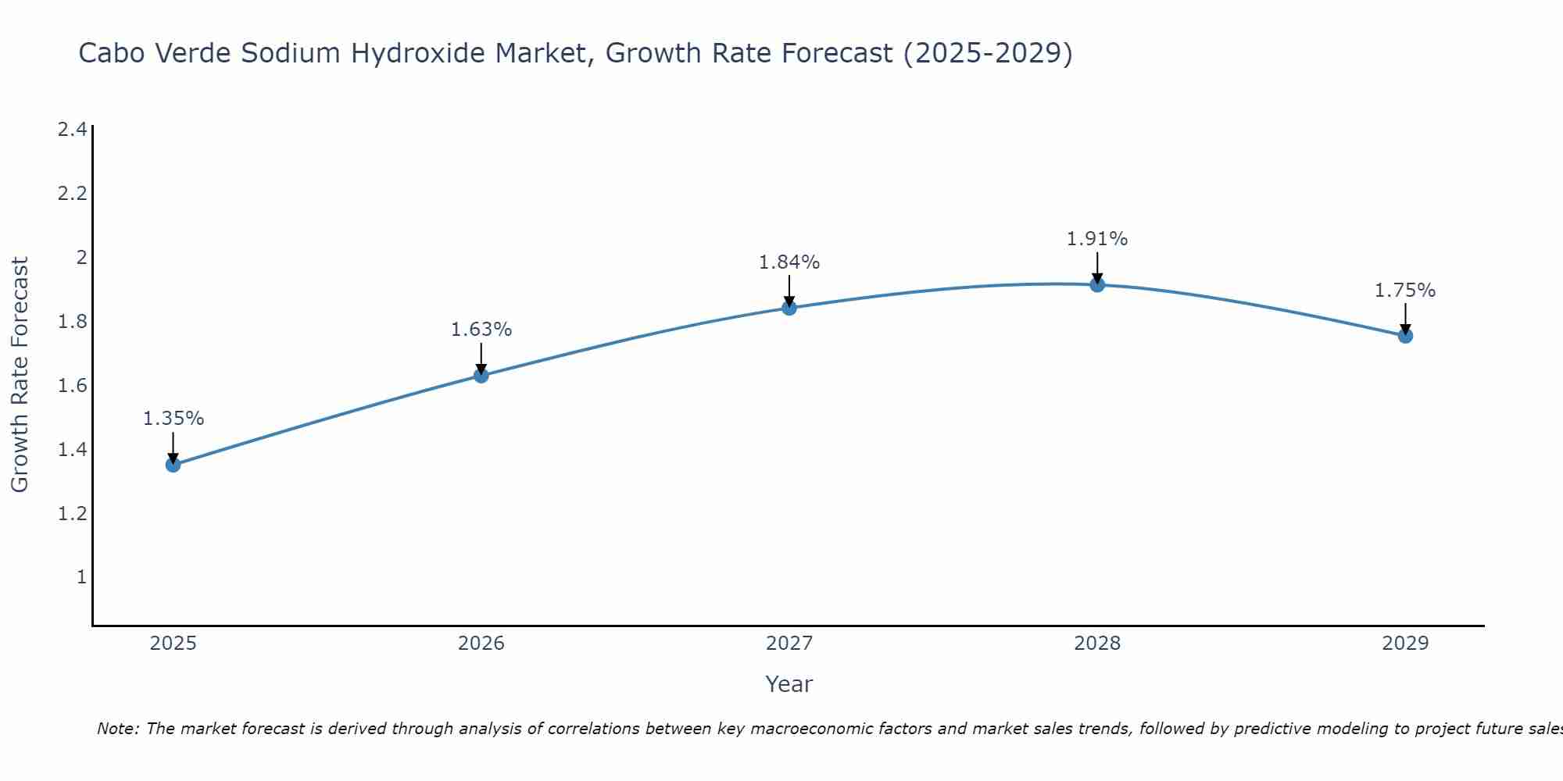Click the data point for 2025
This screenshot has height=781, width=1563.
173,465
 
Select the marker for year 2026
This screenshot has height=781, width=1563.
481,376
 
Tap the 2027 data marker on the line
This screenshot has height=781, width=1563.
789,308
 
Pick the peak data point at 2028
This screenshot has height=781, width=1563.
1097,285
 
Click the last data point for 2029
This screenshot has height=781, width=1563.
1405,336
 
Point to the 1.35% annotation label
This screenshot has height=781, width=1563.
173,419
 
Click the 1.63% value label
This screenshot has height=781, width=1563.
481,330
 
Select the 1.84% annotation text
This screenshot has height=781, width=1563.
789,262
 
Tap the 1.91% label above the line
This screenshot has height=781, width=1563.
1097,239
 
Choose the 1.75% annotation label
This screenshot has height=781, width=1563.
1405,291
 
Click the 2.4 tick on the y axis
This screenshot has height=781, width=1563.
73,130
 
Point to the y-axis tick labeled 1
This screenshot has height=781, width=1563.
81,577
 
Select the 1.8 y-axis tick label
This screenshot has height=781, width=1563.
73,322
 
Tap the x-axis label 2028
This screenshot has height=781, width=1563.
1097,644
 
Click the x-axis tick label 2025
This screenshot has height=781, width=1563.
173,644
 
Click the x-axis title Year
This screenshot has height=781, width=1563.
789,684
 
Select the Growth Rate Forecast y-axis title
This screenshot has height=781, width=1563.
20,375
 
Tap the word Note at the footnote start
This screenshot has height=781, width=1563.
117,729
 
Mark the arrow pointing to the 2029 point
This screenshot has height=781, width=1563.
1405,319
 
